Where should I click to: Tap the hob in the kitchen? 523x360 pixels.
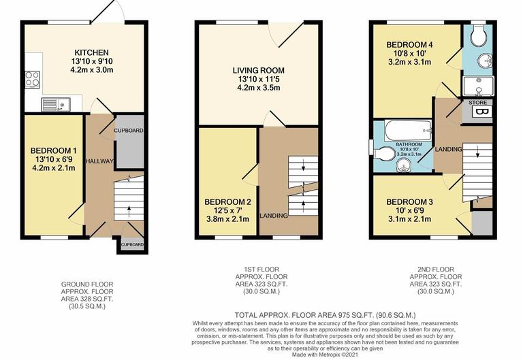(33, 80)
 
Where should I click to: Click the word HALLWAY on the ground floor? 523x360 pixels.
(99, 161)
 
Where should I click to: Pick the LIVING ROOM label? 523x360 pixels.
(258, 70)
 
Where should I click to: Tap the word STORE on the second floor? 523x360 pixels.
(477, 102)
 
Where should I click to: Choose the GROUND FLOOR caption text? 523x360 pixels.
(87, 284)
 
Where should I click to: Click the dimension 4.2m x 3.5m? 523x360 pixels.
(258, 88)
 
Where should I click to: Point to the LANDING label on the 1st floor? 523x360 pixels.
(274, 216)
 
